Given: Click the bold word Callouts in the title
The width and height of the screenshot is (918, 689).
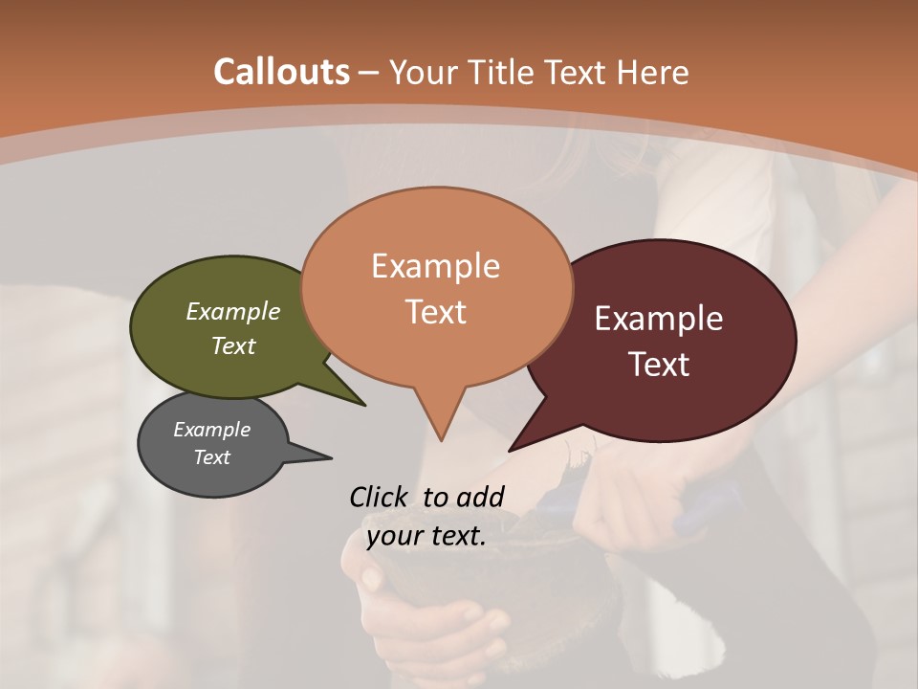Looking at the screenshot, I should click(x=282, y=72).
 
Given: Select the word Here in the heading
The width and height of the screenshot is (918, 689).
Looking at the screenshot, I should click(x=653, y=72).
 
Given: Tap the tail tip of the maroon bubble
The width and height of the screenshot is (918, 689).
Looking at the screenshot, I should click(x=512, y=449).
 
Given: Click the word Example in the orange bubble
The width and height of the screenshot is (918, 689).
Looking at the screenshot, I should click(x=435, y=265).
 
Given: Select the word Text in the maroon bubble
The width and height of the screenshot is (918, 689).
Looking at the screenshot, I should click(x=659, y=365).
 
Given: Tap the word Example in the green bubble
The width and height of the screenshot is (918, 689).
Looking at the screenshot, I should click(x=233, y=311).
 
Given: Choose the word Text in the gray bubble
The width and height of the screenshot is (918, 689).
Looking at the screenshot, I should click(x=212, y=457).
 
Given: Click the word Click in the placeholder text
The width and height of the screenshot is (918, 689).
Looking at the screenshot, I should click(x=379, y=497).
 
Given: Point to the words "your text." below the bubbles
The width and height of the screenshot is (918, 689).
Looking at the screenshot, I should click(x=426, y=536).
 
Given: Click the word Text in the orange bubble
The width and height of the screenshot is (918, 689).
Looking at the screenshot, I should click(x=436, y=312).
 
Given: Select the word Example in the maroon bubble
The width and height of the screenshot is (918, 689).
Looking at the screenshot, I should click(x=659, y=319).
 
